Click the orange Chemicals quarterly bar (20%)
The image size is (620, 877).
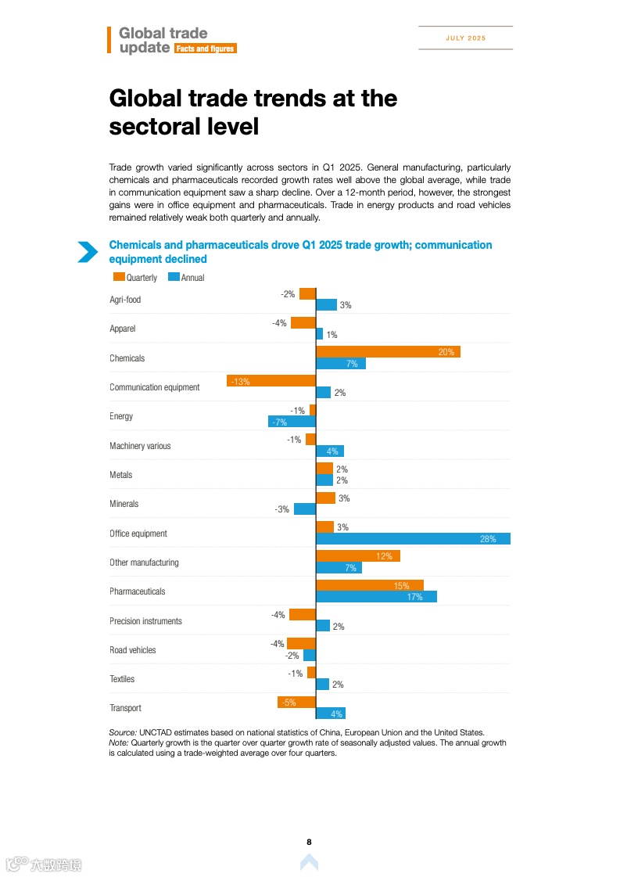pyautogui.click(x=388, y=352)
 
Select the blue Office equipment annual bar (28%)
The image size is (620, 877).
pyautogui.click(x=413, y=539)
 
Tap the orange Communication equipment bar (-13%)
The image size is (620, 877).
pyautogui.click(x=271, y=381)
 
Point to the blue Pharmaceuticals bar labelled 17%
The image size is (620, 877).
pyautogui.click(x=376, y=597)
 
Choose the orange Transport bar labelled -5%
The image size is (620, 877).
pyautogui.click(x=296, y=702)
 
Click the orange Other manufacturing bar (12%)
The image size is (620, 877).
pyautogui.click(x=358, y=556)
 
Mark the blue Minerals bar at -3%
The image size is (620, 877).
pyautogui.click(x=305, y=509)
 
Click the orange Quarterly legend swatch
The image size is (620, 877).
pyautogui.click(x=119, y=277)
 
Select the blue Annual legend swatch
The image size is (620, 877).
pyautogui.click(x=174, y=277)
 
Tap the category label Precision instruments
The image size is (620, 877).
pyautogui.click(x=145, y=621)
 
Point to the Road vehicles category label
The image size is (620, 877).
pyautogui.click(x=132, y=650)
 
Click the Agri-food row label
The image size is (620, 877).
pyautogui.click(x=125, y=300)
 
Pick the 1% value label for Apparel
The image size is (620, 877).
pyautogui.click(x=332, y=335)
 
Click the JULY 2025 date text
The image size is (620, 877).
pyautogui.click(x=466, y=38)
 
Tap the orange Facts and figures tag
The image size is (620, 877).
pyautogui.click(x=204, y=49)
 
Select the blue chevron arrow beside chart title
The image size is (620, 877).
pyautogui.click(x=88, y=252)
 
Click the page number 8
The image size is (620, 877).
pyautogui.click(x=309, y=842)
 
